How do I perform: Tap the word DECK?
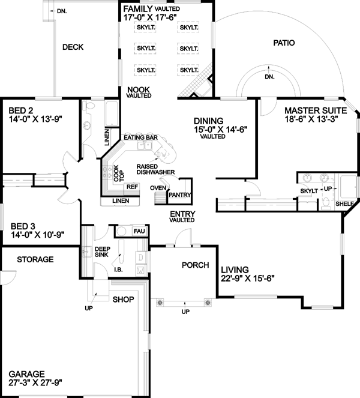73,47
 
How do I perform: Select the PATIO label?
284,43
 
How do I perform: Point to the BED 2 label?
21,110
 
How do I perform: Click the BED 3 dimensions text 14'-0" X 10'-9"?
37,235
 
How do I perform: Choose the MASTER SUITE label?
315,110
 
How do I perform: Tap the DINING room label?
209,120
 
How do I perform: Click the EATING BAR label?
140,137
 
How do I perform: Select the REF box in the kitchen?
133,187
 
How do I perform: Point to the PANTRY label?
179,194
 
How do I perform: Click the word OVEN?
157,188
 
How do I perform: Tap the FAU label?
139,231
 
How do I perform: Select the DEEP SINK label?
103,252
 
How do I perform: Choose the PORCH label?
194,265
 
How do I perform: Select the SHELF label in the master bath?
344,204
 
